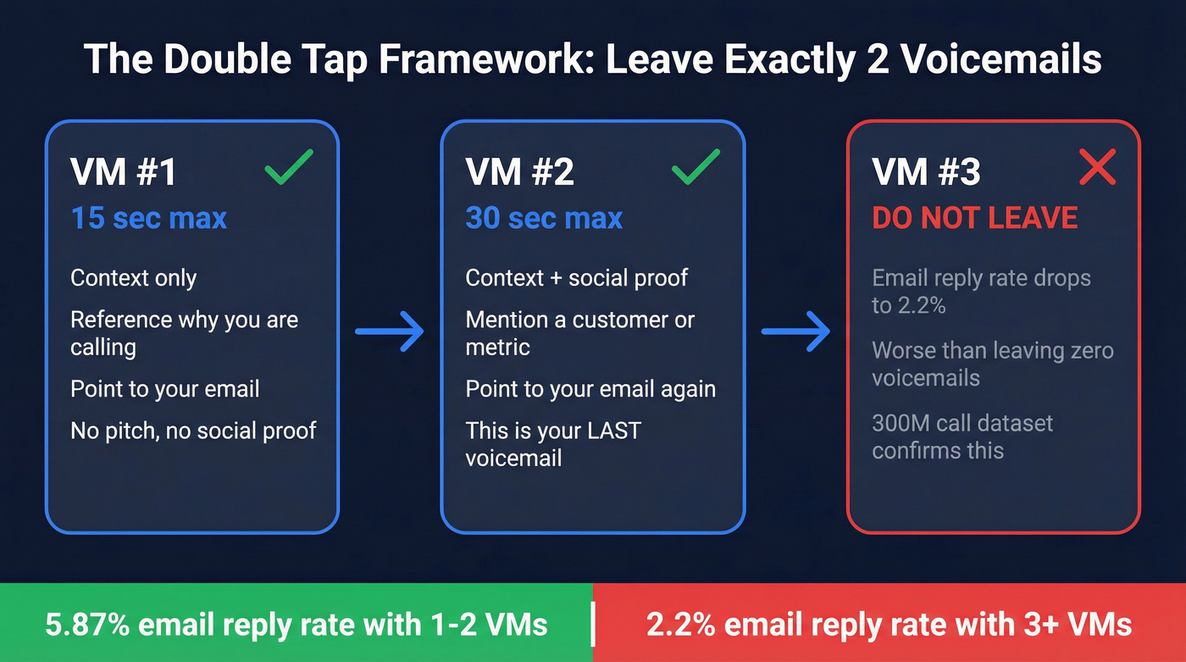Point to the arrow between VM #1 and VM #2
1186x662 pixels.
pyautogui.click(x=390, y=331)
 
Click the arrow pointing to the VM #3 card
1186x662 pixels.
pyautogui.click(x=796, y=331)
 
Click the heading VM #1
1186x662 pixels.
pyautogui.click(x=124, y=172)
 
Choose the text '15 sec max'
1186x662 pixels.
pyautogui.click(x=149, y=218)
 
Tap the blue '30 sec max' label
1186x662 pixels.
pyautogui.click(x=544, y=218)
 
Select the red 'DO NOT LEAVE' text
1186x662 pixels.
pyautogui.click(x=975, y=218)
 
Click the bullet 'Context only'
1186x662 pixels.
pyautogui.click(x=134, y=278)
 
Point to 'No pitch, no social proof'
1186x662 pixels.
pyautogui.click(x=193, y=431)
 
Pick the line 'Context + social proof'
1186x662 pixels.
pyautogui.click(x=577, y=278)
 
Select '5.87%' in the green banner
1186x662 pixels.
pyautogui.click(x=87, y=626)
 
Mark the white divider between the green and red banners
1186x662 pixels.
pyautogui.click(x=593, y=626)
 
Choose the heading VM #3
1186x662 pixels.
pyautogui.click(x=926, y=172)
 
